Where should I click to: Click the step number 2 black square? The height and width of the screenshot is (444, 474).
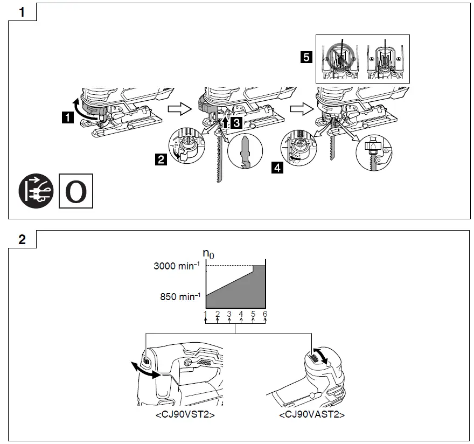point(161,159)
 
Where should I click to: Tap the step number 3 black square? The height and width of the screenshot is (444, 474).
point(236,123)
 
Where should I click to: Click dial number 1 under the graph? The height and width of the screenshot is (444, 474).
point(206,314)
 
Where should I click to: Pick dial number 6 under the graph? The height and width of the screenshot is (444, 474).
point(265,314)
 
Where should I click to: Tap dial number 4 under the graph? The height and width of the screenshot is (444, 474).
point(241,314)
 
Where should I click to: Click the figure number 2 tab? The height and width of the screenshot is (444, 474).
point(22,240)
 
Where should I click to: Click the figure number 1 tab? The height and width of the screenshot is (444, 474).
point(22,12)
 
